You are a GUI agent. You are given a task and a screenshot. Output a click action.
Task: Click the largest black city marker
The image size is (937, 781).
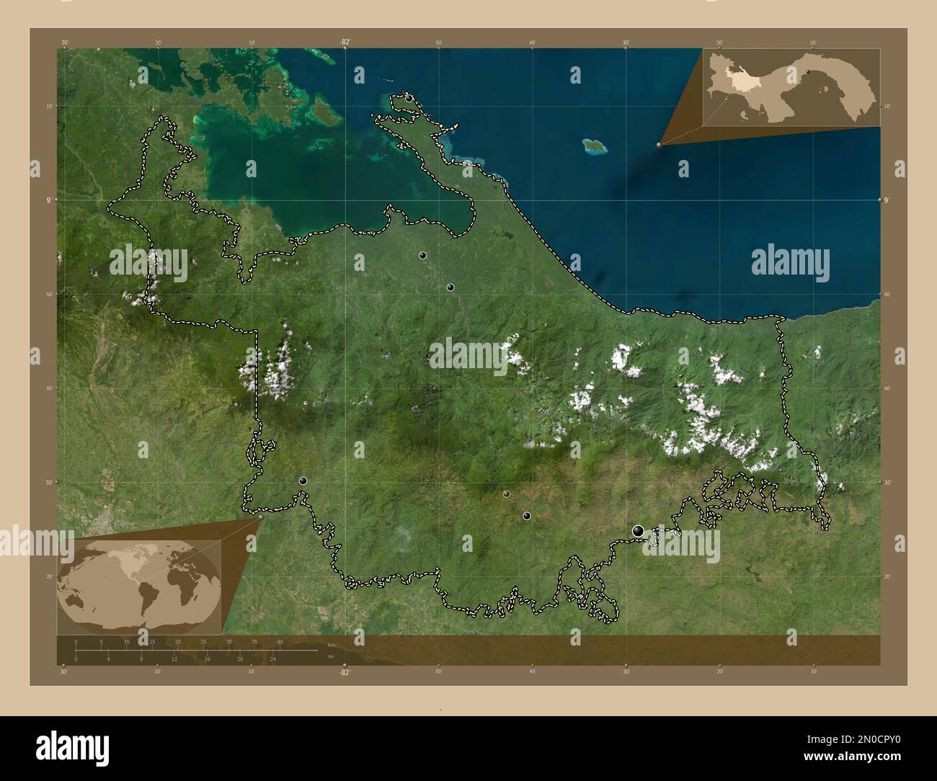point(638,531)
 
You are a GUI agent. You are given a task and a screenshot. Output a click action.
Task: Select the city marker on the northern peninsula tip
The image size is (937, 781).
point(409,98)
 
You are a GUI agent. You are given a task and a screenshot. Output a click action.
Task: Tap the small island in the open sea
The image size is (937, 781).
point(595,146)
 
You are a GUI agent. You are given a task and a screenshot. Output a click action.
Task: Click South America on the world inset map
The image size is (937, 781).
point(149,597)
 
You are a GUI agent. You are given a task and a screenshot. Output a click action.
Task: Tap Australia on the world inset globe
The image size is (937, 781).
point(74,602)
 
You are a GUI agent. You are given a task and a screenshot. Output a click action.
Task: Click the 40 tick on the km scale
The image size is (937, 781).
point(280,642)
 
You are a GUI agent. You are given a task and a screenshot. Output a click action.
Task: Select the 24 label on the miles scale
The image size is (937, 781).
point(273,659)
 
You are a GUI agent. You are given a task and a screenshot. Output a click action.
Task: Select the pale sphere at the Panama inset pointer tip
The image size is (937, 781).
point(659,145)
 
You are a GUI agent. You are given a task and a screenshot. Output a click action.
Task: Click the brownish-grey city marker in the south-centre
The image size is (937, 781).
point(507,494)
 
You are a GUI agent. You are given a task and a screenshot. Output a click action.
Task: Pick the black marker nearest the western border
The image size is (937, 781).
point(303,481)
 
